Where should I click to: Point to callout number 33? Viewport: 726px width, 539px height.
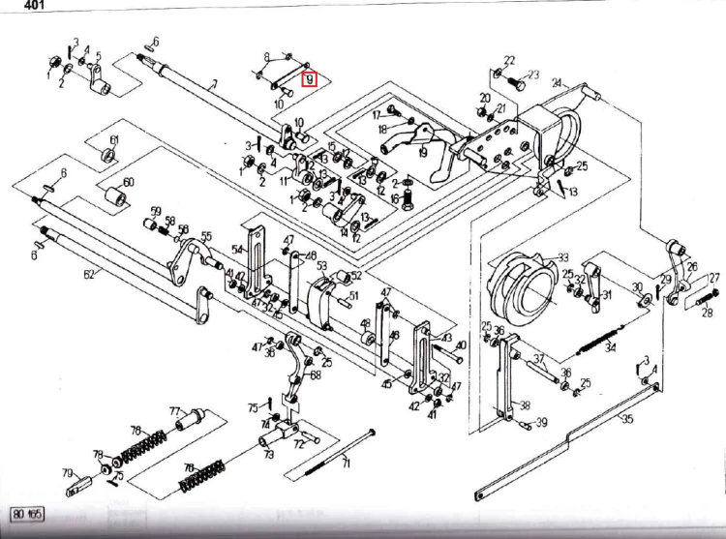click(x=562, y=258)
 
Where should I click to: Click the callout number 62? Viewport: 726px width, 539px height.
click(x=89, y=275)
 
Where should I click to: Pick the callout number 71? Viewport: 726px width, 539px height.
click(x=346, y=465)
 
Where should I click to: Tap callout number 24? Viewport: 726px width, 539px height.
click(x=557, y=83)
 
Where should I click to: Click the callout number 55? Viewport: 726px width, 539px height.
click(x=205, y=236)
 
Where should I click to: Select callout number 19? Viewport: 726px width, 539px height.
click(x=422, y=152)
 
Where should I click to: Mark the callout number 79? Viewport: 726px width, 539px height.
click(x=67, y=473)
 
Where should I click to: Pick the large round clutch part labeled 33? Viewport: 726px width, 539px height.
click(x=523, y=281)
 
